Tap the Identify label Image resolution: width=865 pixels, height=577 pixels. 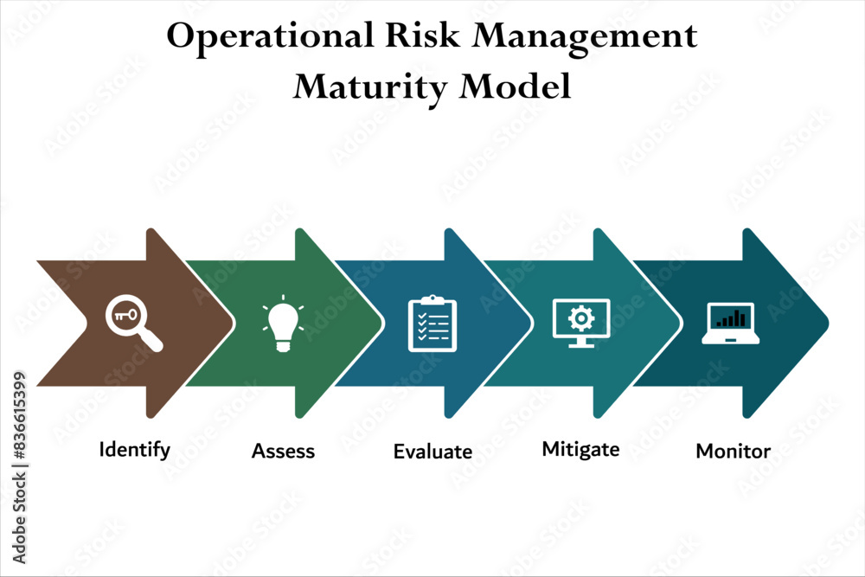(x=135, y=450)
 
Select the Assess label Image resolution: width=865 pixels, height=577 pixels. (x=284, y=451)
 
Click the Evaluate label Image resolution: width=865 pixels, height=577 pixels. (x=432, y=452)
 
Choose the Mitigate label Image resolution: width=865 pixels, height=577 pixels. (x=580, y=449)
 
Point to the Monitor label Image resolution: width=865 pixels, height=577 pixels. (x=733, y=451)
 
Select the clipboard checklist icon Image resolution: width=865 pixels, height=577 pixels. (x=432, y=324)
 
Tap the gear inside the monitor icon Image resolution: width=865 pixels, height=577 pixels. (x=581, y=317)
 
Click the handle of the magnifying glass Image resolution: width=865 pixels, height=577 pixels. (x=152, y=342)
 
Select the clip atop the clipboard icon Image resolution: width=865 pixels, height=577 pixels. (x=432, y=300)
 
